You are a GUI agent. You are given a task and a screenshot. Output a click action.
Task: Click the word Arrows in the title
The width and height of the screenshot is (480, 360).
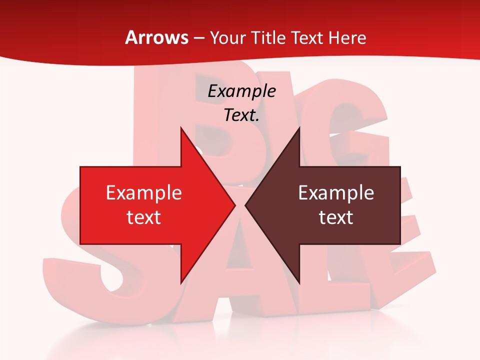coord(157,37)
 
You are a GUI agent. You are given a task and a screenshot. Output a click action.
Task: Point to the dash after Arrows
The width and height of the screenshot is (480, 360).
coord(199,38)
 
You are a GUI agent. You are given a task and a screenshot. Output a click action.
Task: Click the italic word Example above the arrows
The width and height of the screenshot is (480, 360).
coord(241,91)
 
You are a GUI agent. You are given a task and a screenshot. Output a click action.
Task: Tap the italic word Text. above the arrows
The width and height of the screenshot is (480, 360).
coord(241,115)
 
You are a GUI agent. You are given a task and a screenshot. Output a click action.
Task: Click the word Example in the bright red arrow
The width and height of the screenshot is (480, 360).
coord(144,192)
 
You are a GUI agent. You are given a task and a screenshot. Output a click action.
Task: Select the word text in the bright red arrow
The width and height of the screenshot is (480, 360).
coord(144,217)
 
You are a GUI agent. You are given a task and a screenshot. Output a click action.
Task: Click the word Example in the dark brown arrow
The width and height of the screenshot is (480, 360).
coord(336,192)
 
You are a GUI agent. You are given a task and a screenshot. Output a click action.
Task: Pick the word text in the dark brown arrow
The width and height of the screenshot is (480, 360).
coord(336,217)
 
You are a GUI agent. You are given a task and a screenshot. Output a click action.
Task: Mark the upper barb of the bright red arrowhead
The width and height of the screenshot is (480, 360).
coord(181,131)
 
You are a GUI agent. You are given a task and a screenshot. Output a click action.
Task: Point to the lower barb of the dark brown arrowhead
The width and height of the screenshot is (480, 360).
coord(298,280)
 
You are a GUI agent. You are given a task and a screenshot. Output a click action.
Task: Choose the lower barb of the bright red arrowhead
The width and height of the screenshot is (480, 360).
coord(181,280)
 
